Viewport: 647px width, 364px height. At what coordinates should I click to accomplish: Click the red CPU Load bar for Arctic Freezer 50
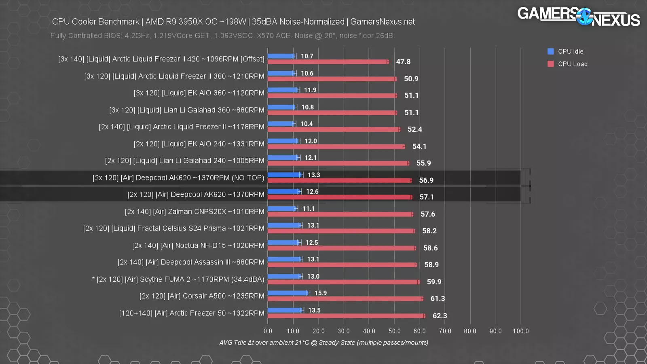346,316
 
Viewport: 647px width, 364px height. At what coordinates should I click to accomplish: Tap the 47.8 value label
403,62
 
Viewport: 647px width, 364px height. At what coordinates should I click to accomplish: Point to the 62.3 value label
440,316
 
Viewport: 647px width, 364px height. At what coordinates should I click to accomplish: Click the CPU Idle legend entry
570,51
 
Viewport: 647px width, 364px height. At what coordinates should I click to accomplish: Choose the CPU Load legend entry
572,64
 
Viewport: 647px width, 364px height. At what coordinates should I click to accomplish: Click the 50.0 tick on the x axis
394,331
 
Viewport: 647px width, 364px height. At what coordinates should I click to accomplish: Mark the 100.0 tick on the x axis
520,331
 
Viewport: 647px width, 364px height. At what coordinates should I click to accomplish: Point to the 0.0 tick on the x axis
268,331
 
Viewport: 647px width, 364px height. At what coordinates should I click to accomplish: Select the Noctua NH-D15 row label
198,245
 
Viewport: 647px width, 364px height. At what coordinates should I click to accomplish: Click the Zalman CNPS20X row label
195,212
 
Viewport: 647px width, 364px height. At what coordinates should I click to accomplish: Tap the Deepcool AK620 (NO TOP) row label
178,178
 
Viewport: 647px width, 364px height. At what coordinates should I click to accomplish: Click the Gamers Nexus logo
578,17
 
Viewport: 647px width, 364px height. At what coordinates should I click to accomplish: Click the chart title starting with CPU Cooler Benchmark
233,22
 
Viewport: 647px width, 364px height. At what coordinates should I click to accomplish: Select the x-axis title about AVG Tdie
323,343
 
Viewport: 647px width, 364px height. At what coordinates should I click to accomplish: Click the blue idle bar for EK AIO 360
283,90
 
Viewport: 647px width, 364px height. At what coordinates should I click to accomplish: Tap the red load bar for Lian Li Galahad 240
338,163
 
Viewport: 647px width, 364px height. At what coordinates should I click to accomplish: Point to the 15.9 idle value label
321,293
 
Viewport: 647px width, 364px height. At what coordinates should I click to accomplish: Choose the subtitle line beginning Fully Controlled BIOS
222,36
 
